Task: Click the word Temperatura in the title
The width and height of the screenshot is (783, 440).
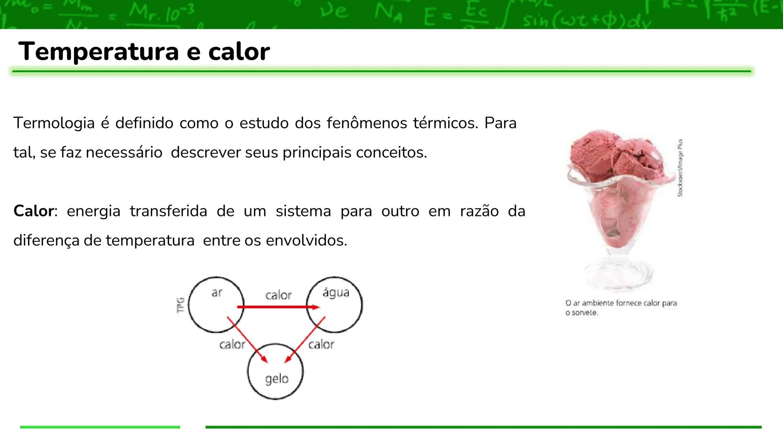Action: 98,52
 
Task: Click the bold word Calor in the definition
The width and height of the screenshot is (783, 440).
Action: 33,211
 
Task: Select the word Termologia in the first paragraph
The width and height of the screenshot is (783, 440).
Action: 54,123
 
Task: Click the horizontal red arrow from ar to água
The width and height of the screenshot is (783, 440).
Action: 277,307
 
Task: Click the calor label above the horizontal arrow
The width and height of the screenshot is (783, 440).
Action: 279,295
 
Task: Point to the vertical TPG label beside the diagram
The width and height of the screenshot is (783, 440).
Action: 180,305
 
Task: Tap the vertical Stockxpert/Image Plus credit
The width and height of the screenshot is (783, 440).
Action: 680,168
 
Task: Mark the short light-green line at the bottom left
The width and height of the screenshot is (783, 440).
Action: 100,427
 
